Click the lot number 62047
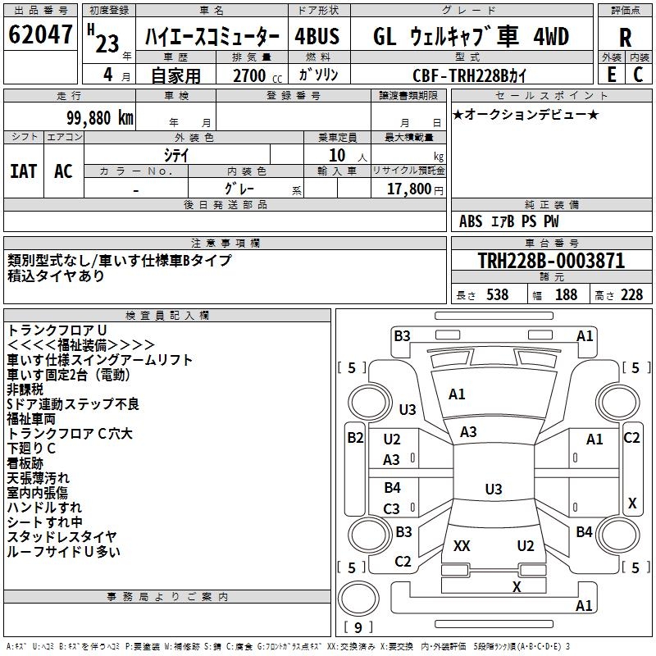click(40, 35)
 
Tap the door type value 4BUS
click(317, 37)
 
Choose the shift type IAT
click(23, 171)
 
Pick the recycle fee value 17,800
click(408, 189)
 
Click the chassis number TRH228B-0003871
click(550, 262)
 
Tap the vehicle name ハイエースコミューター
click(212, 37)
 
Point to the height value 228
click(631, 295)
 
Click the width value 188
click(566, 295)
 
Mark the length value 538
click(497, 295)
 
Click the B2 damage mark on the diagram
click(354, 438)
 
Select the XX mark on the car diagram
click(462, 546)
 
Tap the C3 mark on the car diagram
click(392, 509)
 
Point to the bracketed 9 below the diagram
click(358, 627)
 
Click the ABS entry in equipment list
click(471, 221)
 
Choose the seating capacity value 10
click(337, 156)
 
